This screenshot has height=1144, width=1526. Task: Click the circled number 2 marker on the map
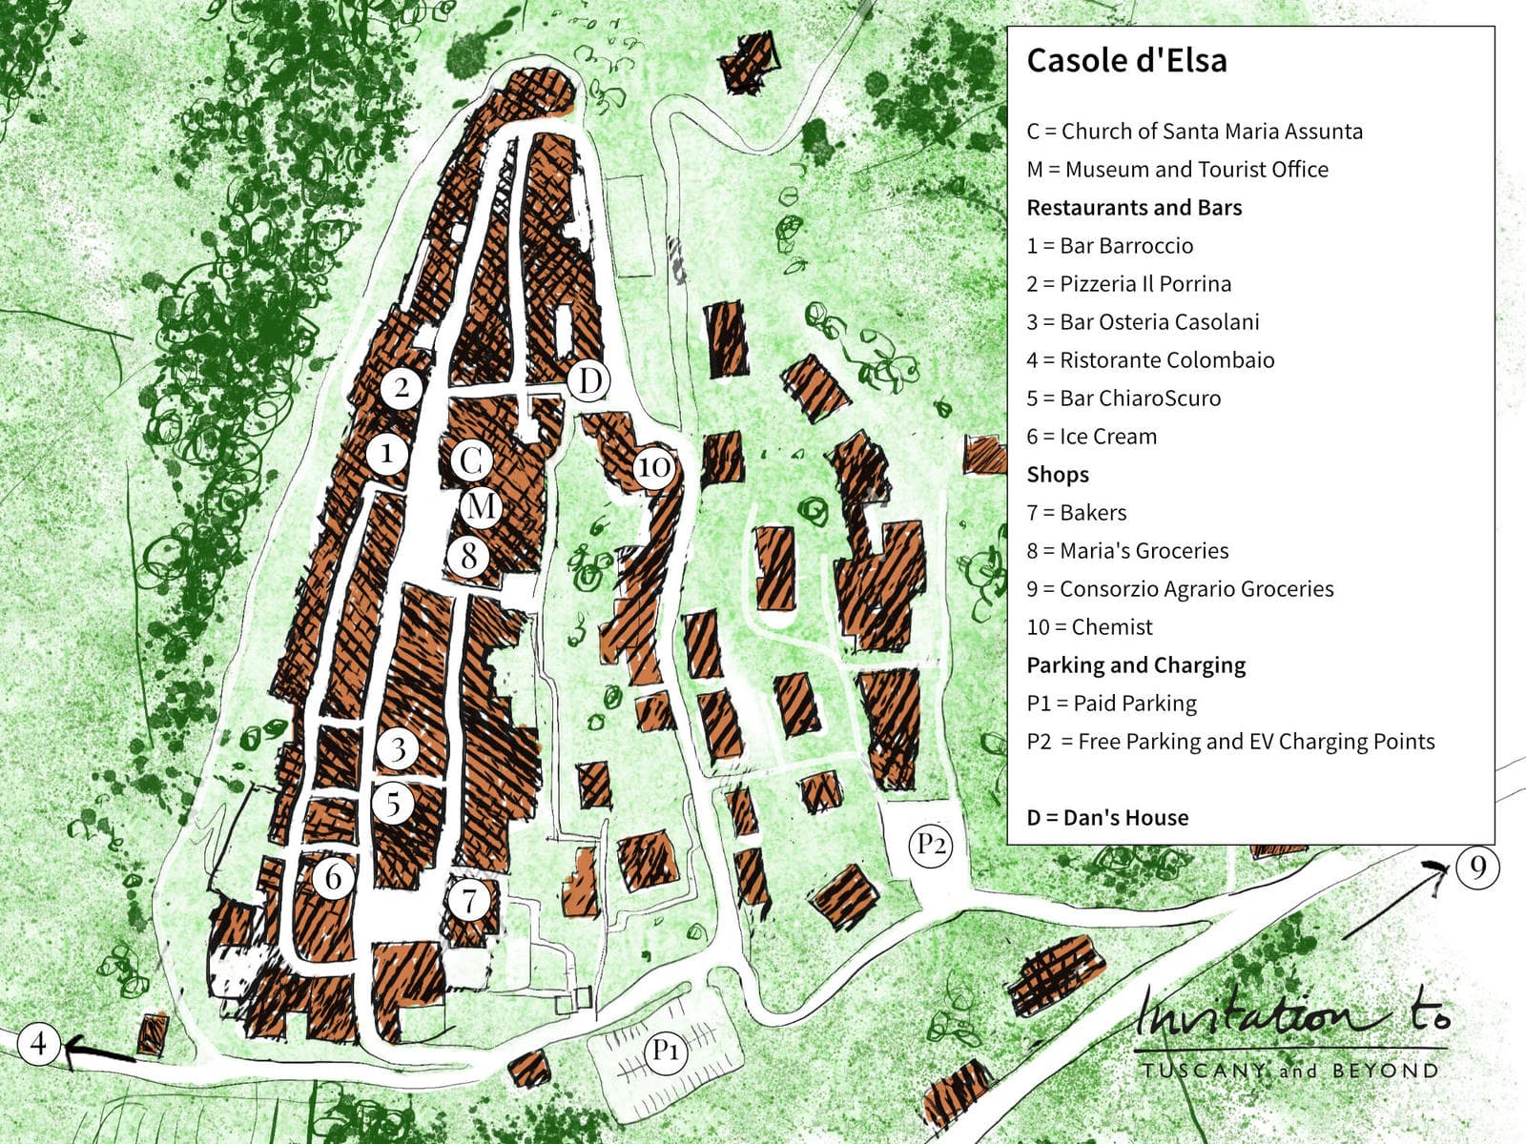[x=402, y=387]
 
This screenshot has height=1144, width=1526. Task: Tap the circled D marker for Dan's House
[x=589, y=381]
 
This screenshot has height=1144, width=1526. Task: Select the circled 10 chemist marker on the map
[x=653, y=468]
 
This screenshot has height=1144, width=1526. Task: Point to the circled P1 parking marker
[x=665, y=1051]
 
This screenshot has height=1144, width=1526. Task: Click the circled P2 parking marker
[x=931, y=845]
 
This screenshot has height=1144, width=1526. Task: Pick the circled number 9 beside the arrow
[x=1477, y=868]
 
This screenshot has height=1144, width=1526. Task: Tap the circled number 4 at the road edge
[x=38, y=1043]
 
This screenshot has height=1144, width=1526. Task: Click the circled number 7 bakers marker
[x=468, y=899]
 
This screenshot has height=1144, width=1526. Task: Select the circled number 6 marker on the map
[x=333, y=876]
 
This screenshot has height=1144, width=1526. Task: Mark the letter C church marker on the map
[x=470, y=461]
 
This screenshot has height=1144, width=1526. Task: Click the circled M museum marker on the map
[x=482, y=506]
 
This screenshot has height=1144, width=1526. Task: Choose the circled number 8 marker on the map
[x=468, y=555]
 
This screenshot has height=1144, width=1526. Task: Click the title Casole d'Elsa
[x=1126, y=61]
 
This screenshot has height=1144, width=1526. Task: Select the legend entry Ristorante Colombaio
[x=1150, y=360]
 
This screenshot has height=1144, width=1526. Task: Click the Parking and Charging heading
[x=1136, y=665]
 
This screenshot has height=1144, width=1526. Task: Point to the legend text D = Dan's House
[x=1107, y=818]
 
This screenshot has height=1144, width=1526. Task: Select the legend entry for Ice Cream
[x=1091, y=437]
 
